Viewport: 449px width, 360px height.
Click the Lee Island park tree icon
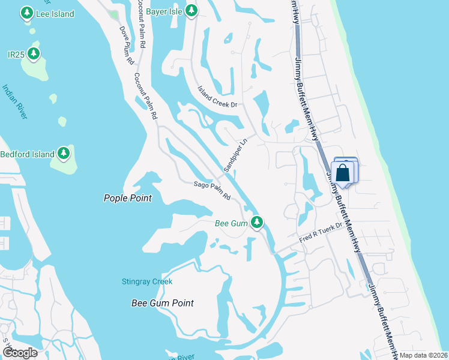(x=26, y=12)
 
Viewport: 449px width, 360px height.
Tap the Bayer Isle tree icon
(x=191, y=10)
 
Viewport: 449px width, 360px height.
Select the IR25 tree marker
(x=34, y=55)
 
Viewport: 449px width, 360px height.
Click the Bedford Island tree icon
(x=64, y=154)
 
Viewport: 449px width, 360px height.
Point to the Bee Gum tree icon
(x=257, y=223)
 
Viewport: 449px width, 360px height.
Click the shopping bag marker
(x=342, y=173)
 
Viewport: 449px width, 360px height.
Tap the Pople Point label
(x=127, y=198)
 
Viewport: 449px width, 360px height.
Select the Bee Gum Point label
(x=163, y=303)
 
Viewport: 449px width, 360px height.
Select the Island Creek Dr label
(x=218, y=96)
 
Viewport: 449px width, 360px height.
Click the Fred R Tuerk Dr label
(x=321, y=233)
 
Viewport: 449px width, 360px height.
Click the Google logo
(x=20, y=352)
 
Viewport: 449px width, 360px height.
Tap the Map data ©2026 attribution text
(x=423, y=355)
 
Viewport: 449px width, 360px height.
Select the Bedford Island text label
(x=27, y=154)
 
